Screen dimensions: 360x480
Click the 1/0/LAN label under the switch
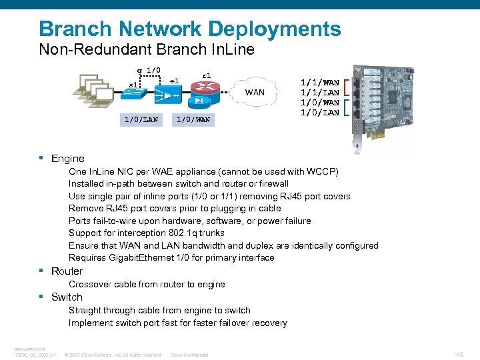(x=141, y=119)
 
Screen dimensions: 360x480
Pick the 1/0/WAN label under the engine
(x=193, y=119)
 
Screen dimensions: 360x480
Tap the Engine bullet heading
(x=67, y=159)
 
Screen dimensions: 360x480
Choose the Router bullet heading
(x=67, y=271)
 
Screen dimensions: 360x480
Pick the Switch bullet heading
(x=67, y=297)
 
